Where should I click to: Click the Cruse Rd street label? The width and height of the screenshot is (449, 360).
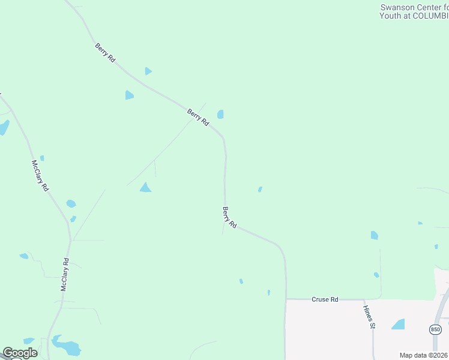pos(325,299)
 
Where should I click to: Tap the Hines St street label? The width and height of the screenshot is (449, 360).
pos(368,317)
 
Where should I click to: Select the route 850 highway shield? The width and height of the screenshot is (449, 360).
pos(435,329)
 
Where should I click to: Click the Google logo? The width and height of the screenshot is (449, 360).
pos(20,353)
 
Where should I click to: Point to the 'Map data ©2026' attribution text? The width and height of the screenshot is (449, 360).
pos(423,355)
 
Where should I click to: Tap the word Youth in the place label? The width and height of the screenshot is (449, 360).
pos(390,16)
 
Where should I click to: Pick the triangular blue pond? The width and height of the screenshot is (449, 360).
pos(145,188)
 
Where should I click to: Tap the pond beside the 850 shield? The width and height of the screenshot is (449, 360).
pos(399,325)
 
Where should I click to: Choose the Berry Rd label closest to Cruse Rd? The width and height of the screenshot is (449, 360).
pos(229,217)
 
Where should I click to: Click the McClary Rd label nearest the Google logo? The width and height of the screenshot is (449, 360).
pos(65,275)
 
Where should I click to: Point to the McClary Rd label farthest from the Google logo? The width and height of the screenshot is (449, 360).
pos(40,175)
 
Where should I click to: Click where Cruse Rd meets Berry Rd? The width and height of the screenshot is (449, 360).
pos(285,299)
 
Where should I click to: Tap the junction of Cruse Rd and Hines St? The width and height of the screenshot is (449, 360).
pos(364,299)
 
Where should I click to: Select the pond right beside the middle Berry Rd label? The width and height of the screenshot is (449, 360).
pos(220,114)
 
